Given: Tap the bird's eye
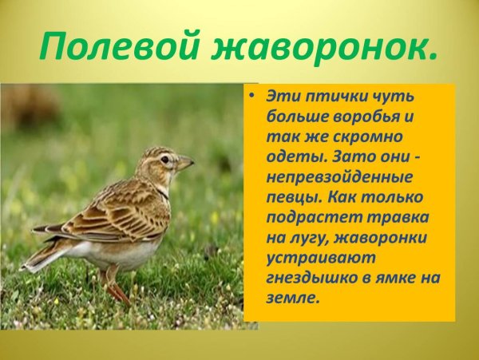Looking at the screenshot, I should click(x=164, y=159).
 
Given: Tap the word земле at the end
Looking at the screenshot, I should click(x=293, y=297).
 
